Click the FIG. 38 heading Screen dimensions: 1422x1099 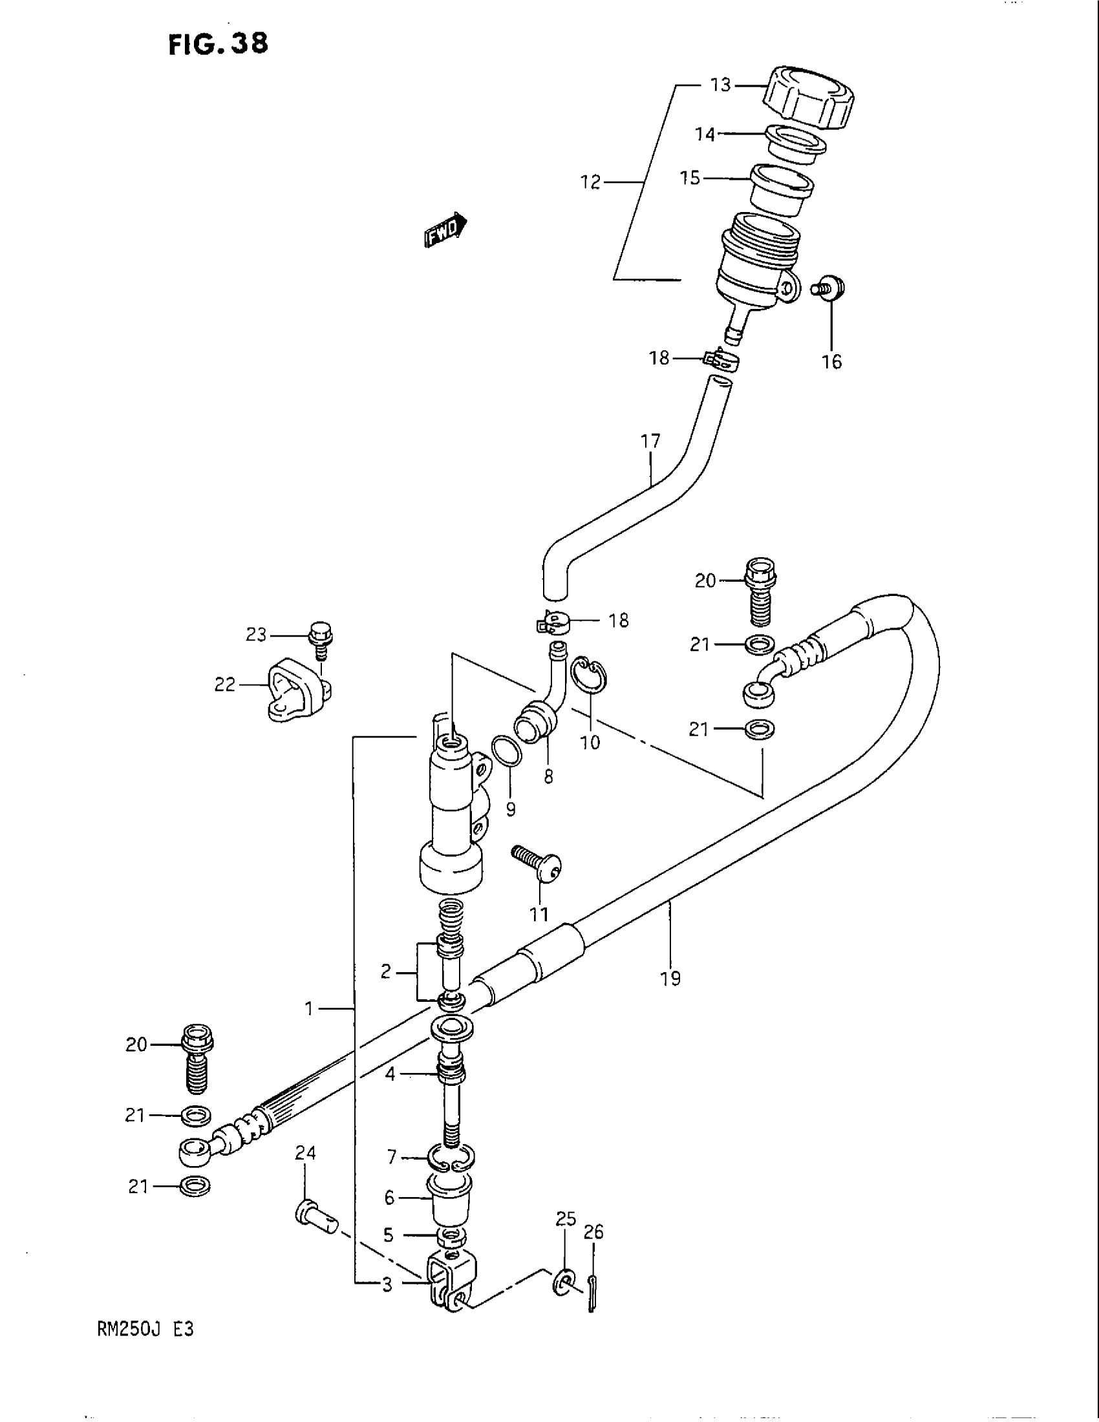click(217, 43)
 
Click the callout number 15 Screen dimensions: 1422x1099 click(690, 178)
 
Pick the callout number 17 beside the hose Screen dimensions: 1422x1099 click(650, 441)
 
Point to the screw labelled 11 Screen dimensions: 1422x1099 click(539, 863)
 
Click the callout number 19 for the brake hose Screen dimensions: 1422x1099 click(670, 995)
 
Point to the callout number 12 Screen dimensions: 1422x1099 click(590, 183)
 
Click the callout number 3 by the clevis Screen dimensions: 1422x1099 click(387, 1284)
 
